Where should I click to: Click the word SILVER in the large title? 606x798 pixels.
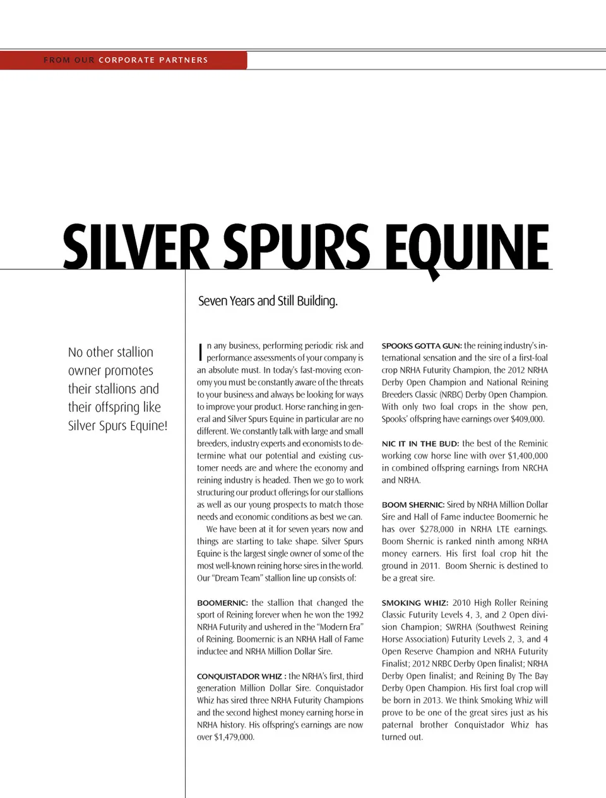click(x=136, y=247)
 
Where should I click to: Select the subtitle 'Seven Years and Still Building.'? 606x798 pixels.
click(x=268, y=301)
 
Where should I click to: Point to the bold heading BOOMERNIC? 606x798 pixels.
click(x=222, y=603)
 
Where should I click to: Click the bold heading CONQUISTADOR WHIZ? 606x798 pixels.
click(x=239, y=676)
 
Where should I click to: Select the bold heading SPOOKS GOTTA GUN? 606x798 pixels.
click(x=421, y=346)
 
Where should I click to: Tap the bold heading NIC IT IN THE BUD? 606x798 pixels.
click(x=420, y=444)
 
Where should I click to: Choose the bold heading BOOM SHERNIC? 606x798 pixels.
click(x=413, y=505)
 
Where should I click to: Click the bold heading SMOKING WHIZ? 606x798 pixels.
click(x=415, y=603)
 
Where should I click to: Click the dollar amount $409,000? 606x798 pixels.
click(x=526, y=419)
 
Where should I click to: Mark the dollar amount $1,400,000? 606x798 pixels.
click(x=527, y=455)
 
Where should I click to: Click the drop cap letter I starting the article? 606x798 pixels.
click(x=200, y=352)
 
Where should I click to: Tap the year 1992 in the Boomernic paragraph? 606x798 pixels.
click(x=355, y=615)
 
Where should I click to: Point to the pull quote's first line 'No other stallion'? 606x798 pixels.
click(x=110, y=352)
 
